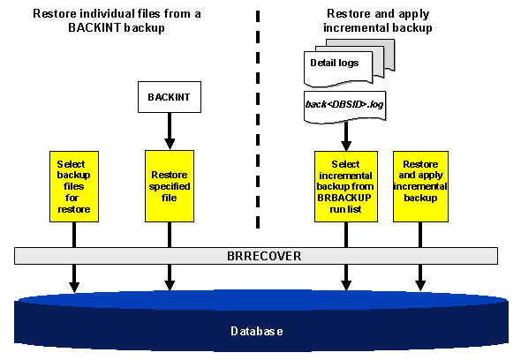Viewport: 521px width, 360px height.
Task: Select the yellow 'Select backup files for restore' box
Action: click(73, 186)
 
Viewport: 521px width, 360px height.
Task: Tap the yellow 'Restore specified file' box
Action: click(169, 186)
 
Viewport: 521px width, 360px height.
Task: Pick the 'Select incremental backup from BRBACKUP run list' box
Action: click(345, 186)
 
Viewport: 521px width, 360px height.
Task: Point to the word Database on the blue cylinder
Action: click(257, 331)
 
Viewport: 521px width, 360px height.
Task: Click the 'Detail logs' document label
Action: click(333, 64)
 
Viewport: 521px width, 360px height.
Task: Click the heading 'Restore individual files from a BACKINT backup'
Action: click(105, 21)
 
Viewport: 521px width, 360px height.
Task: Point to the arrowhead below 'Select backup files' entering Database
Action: click(74, 285)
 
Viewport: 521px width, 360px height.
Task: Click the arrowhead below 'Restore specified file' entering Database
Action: click(169, 285)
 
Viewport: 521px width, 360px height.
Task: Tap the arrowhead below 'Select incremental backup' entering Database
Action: click(345, 285)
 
